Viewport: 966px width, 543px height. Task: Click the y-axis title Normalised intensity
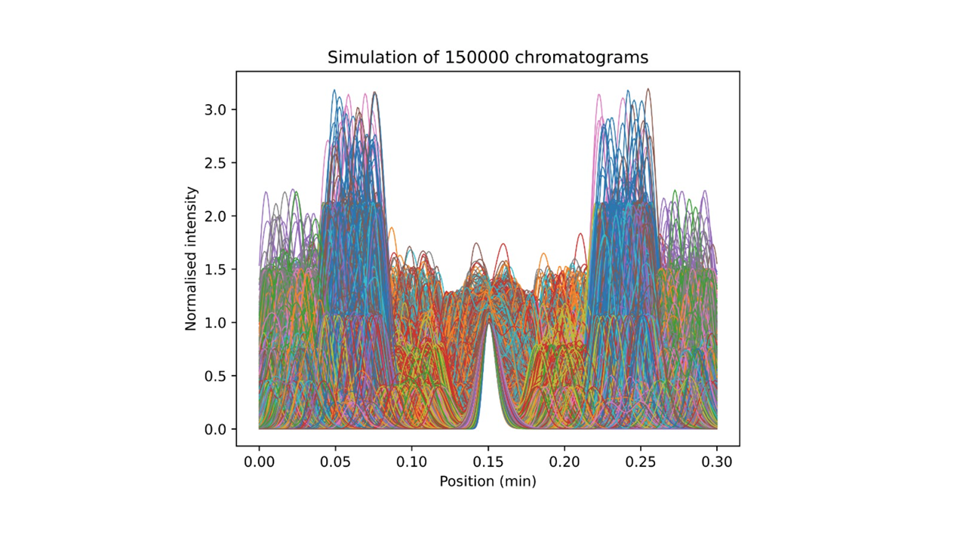tap(191, 258)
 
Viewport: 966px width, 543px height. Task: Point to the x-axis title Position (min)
tap(488, 480)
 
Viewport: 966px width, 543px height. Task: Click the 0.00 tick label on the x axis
tap(259, 459)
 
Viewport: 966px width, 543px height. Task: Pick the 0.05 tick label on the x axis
tap(335, 459)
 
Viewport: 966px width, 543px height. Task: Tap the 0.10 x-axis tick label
tap(411, 459)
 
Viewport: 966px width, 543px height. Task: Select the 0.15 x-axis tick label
tap(488, 459)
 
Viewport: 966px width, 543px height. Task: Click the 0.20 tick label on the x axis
tap(565, 459)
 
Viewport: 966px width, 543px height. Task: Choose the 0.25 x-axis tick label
tap(641, 459)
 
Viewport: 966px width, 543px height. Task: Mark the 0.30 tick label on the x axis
tap(717, 459)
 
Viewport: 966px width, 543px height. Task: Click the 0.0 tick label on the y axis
tap(217, 429)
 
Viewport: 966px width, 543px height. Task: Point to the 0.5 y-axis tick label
tap(217, 376)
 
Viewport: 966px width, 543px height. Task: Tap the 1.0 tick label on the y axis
tap(217, 323)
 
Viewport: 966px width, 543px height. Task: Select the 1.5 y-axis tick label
tap(217, 269)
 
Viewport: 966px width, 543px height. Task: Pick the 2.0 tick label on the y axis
tap(217, 216)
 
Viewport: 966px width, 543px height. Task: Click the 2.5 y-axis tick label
tap(217, 163)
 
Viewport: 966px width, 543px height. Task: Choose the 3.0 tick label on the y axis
tap(217, 110)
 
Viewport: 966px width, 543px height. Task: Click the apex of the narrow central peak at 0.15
tap(489, 323)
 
